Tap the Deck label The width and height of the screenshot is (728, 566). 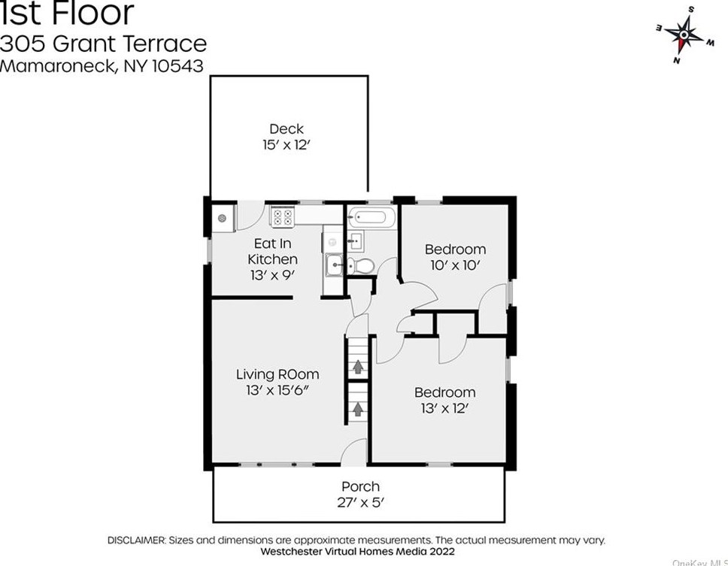[x=287, y=129]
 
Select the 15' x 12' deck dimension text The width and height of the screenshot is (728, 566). [x=287, y=144]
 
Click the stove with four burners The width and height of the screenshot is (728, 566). [x=283, y=217]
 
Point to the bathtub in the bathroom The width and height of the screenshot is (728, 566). [x=369, y=218]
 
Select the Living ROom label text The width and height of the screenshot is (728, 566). [x=277, y=374]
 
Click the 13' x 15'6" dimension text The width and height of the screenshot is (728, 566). [x=277, y=390]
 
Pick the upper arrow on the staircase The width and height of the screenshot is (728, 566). [x=358, y=367]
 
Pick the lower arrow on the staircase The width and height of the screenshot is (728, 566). [x=358, y=410]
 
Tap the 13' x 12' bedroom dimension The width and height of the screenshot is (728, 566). [x=444, y=409]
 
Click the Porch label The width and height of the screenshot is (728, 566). [x=360, y=486]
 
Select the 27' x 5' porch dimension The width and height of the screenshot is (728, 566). [x=360, y=503]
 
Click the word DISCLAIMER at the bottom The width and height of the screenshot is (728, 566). [x=135, y=540]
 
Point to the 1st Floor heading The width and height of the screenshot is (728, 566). [x=67, y=14]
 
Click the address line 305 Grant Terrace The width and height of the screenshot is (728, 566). [x=103, y=43]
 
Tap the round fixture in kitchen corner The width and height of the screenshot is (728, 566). [x=223, y=218]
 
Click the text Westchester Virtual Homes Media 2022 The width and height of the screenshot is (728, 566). [x=356, y=550]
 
